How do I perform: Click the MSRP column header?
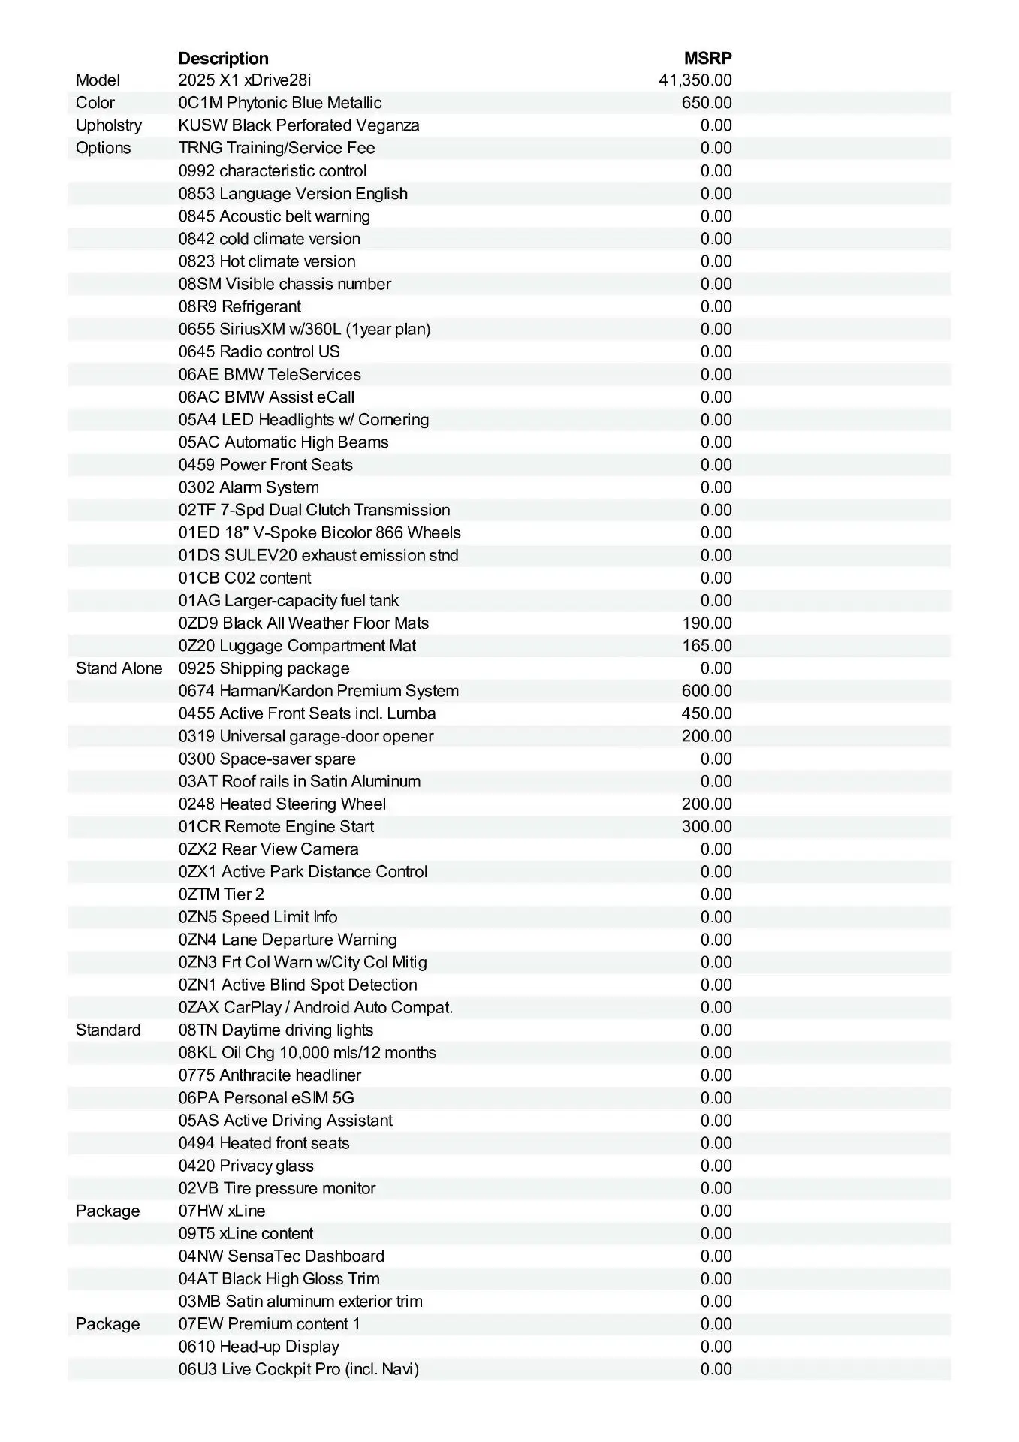[x=707, y=58]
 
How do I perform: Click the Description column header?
[x=223, y=58]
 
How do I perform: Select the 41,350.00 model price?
[x=695, y=80]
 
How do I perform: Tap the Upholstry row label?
[x=108, y=125]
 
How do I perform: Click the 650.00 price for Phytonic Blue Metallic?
[x=706, y=103]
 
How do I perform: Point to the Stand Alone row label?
[x=119, y=668]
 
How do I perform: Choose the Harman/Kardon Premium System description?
[x=318, y=691]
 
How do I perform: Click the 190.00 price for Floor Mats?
[x=706, y=623]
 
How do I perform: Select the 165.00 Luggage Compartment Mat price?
[x=706, y=646]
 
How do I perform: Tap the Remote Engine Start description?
[x=276, y=827]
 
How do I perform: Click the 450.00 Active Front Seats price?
[x=706, y=713]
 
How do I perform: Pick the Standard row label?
[x=107, y=1030]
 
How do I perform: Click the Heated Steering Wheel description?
[x=282, y=804]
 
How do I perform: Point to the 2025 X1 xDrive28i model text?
[x=244, y=80]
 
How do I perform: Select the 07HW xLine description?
[x=222, y=1211]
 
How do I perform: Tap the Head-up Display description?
[x=258, y=1347]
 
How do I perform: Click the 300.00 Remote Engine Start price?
[x=706, y=827]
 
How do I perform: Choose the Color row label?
[x=95, y=103]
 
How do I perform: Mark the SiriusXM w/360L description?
[x=304, y=329]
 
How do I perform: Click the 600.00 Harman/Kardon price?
[x=706, y=691]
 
